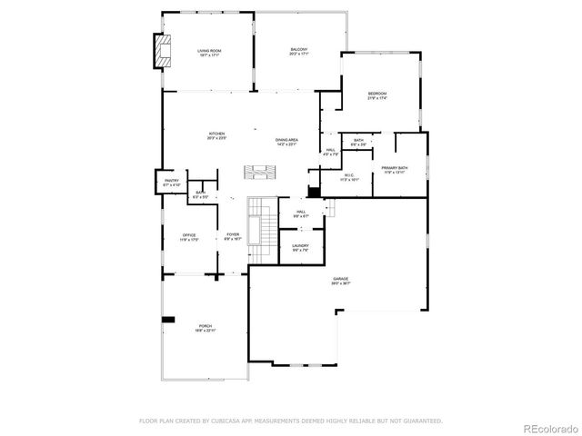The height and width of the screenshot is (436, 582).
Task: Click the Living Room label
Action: pyautogui.click(x=209, y=52)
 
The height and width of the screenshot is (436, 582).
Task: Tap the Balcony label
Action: pyautogui.click(x=298, y=52)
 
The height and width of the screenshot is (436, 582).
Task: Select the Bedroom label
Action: pyautogui.click(x=377, y=95)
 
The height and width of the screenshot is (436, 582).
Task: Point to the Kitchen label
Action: pyautogui.click(x=216, y=135)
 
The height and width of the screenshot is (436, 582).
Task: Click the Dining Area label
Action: pyautogui.click(x=287, y=142)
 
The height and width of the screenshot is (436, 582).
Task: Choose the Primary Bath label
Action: pyautogui.click(x=395, y=170)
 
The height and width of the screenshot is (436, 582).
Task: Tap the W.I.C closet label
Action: pyautogui.click(x=349, y=177)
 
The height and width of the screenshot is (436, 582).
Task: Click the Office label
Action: pyautogui.click(x=189, y=237)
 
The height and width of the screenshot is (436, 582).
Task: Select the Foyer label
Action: pyautogui.click(x=233, y=236)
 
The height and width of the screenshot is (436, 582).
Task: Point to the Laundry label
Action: pyautogui.click(x=300, y=246)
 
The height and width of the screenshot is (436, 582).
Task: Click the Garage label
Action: pyautogui.click(x=341, y=282)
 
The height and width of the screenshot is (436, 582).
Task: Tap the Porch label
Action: pyautogui.click(x=206, y=328)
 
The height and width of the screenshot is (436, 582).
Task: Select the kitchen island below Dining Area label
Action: pyautogui.click(x=260, y=172)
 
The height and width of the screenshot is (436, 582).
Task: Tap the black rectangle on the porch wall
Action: pyautogui.click(x=168, y=319)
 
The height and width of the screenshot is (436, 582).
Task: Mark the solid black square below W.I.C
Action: pyautogui.click(x=314, y=192)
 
